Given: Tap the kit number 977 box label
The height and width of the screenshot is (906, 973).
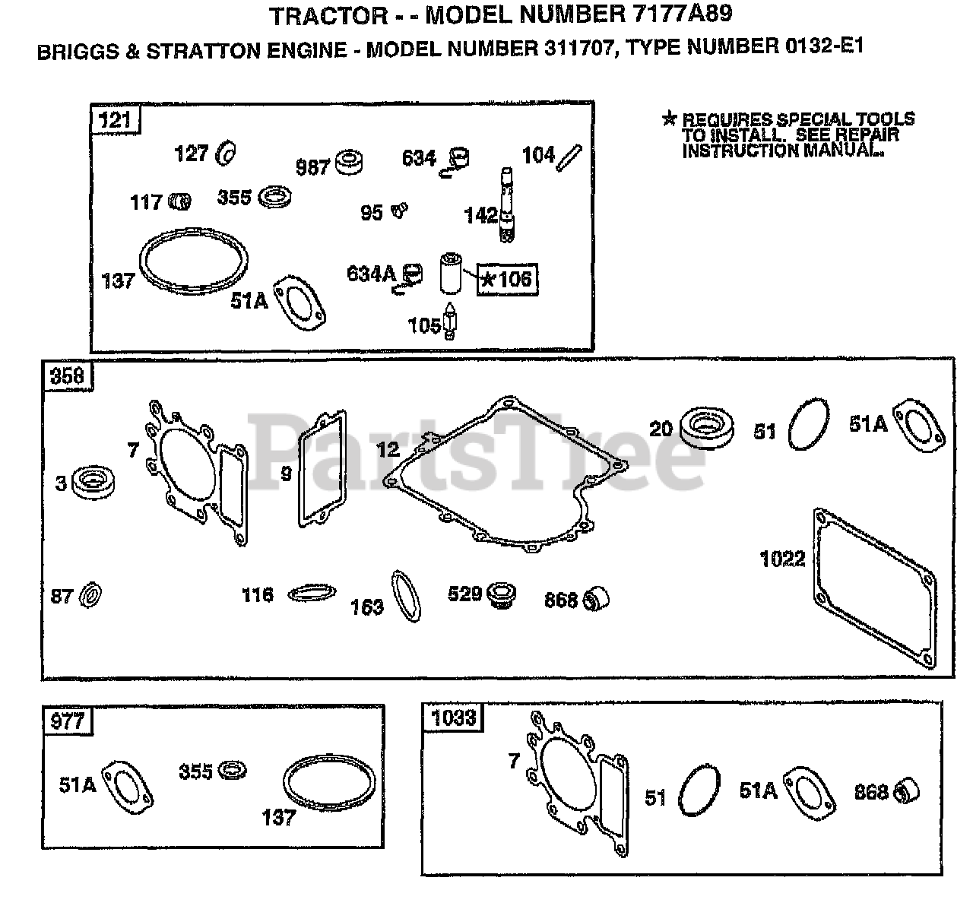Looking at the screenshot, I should click(x=68, y=720).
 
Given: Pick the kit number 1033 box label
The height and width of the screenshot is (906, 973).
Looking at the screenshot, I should click(x=453, y=718).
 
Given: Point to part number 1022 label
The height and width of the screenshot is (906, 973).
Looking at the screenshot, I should click(x=782, y=559).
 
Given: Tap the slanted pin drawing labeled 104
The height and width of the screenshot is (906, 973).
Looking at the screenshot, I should click(x=570, y=157).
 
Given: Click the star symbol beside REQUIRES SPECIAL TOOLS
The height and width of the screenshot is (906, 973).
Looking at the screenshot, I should click(x=669, y=118).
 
